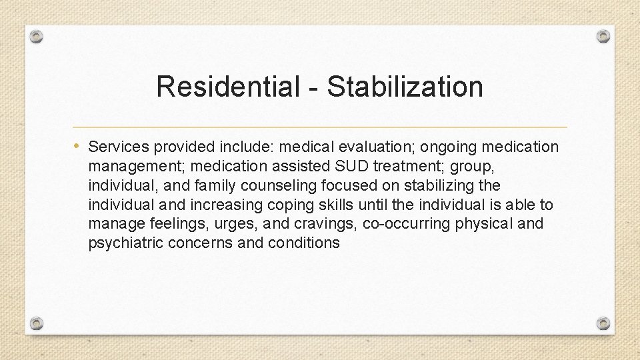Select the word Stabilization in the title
(x=405, y=87)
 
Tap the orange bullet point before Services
(x=78, y=145)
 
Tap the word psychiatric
(x=125, y=243)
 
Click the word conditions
(x=304, y=243)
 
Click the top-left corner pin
(x=37, y=36)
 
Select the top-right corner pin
(x=603, y=36)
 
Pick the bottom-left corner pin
(x=37, y=323)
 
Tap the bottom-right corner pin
(x=603, y=323)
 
